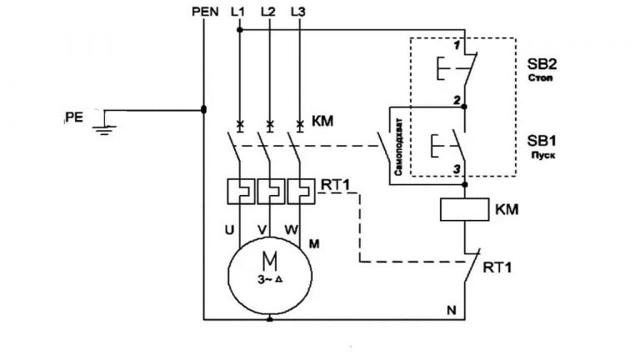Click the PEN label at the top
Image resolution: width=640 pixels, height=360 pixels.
pos(205,12)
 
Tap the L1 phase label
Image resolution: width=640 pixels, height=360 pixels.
pos(237,12)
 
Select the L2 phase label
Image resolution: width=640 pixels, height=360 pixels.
pos(267,12)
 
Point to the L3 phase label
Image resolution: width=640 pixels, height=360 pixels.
pos(298,12)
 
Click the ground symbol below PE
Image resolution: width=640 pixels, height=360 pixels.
pos(104,130)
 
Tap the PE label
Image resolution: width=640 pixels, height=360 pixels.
pos(74,117)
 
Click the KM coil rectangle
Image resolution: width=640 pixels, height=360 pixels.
pos(464,210)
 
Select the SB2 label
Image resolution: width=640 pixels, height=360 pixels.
pos(542,64)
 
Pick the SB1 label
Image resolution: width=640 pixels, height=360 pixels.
pos(542,141)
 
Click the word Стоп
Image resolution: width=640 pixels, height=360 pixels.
pos(540,77)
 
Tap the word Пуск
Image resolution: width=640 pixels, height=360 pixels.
pos(542,155)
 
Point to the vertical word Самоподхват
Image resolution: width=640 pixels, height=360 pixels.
pos(398,147)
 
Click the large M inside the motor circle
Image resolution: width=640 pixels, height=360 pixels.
pos(270,261)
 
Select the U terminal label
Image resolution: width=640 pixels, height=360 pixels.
pos(230,230)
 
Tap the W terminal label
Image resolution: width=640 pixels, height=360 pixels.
pos(291,230)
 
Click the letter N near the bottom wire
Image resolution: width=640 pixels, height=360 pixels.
pos(452,311)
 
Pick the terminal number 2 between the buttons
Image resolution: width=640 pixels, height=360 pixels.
pos(457,100)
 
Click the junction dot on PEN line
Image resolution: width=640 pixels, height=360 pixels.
pos(203,109)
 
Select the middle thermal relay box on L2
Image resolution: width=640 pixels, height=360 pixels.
pos(270,191)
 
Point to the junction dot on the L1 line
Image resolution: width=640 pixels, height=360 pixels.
pos(240,30)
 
